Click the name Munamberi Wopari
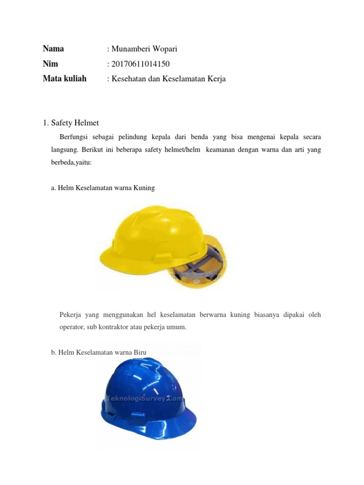(145, 49)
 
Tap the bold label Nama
(53, 48)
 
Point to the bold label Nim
(50, 63)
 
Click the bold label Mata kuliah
(64, 79)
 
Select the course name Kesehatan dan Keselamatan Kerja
(169, 79)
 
